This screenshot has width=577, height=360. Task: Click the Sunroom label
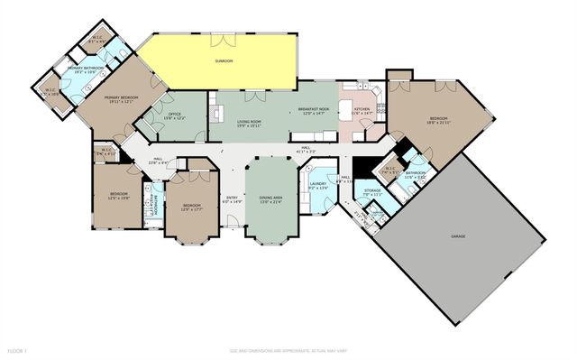[224, 60]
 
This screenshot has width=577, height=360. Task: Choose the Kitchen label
[362, 110]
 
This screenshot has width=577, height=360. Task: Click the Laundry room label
[317, 185]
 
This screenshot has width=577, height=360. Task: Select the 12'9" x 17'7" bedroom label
[191, 207]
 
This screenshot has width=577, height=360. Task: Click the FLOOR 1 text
[17, 349]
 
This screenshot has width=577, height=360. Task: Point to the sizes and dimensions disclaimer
[288, 349]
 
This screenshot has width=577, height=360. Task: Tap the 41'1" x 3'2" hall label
[307, 149]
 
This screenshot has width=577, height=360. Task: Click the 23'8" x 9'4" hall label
[158, 161]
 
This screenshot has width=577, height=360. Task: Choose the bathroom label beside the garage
[415, 174]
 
